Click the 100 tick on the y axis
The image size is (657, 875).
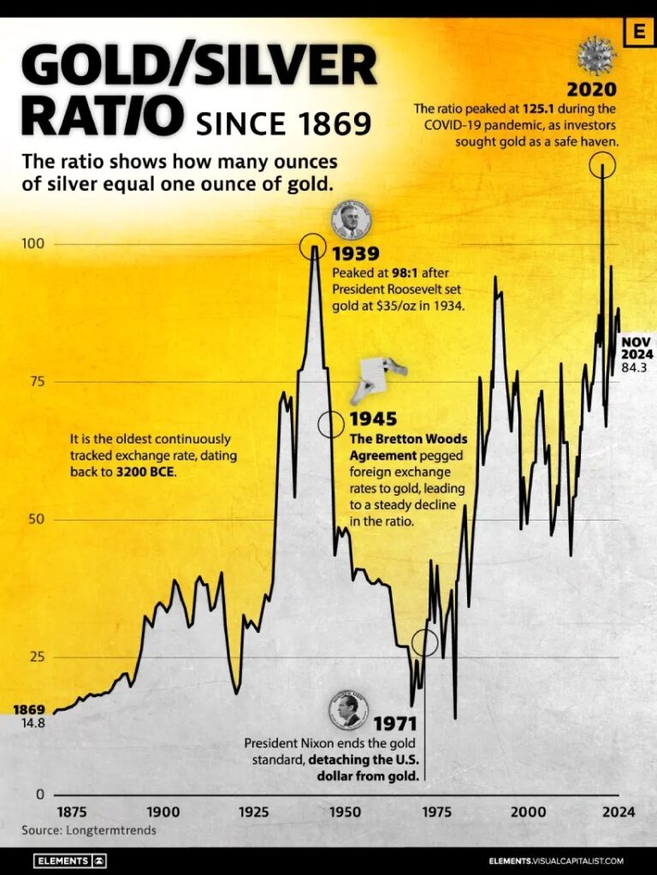[33, 244]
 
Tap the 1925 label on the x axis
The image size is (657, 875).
[252, 812]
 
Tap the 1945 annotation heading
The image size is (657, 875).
[373, 420]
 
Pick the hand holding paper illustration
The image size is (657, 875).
[376, 374]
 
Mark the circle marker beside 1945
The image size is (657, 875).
[331, 424]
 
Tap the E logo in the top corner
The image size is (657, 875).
[637, 32]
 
